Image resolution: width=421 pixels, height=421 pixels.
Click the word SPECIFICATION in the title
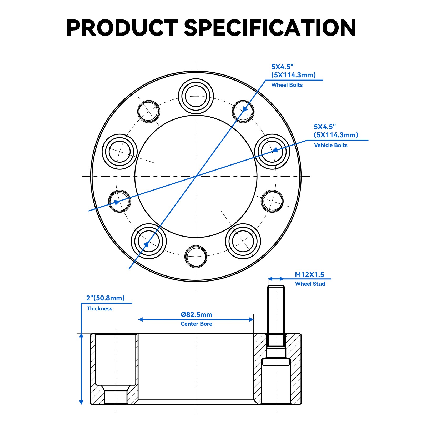(x=270, y=28)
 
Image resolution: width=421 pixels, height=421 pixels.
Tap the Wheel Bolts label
(x=287, y=85)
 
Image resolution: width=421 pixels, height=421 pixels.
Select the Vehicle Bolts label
(x=330, y=145)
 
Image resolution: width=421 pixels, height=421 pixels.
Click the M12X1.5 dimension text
(x=309, y=275)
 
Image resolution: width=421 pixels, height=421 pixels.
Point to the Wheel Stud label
(x=310, y=284)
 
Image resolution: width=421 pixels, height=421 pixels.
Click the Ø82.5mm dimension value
(x=196, y=315)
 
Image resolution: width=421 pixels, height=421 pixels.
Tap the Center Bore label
(x=196, y=324)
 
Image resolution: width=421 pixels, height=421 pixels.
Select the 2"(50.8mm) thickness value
(x=105, y=298)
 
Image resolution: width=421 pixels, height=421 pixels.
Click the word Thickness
(x=99, y=309)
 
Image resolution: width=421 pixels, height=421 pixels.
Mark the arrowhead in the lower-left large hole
(x=146, y=244)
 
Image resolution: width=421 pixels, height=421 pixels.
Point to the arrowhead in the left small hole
(x=116, y=202)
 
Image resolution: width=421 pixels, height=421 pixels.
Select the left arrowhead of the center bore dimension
(x=141, y=319)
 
